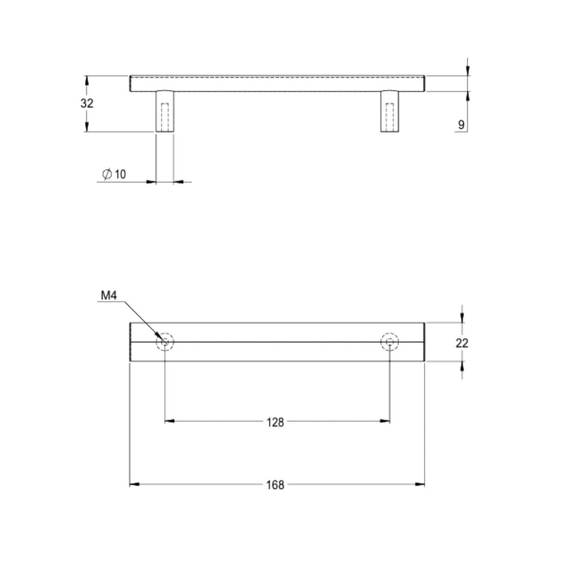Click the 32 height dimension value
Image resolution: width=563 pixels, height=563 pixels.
coord(87,103)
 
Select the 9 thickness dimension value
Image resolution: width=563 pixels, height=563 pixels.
coord(460,125)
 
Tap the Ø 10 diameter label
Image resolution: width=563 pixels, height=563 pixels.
coord(115,174)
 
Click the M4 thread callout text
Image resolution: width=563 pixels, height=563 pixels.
coord(108,295)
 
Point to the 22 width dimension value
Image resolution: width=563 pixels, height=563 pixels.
coord(462,343)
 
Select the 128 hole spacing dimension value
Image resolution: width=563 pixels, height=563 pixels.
coord(276,422)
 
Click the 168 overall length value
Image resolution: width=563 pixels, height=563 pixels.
coord(276,484)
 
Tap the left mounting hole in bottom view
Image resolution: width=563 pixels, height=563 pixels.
coord(165,342)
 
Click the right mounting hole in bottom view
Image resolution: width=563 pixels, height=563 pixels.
coord(389,342)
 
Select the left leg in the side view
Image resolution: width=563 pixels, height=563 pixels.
coord(165,112)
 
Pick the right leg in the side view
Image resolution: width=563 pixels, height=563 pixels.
coord(390,112)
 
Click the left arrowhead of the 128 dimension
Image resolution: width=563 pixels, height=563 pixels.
coord(169,422)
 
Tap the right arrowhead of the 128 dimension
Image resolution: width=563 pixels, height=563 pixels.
coord(385,422)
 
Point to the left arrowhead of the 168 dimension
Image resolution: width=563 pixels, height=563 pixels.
coord(134,484)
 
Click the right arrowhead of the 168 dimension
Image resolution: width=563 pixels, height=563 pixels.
coord(420,484)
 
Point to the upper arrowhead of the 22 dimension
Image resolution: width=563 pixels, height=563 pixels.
coord(462,318)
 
